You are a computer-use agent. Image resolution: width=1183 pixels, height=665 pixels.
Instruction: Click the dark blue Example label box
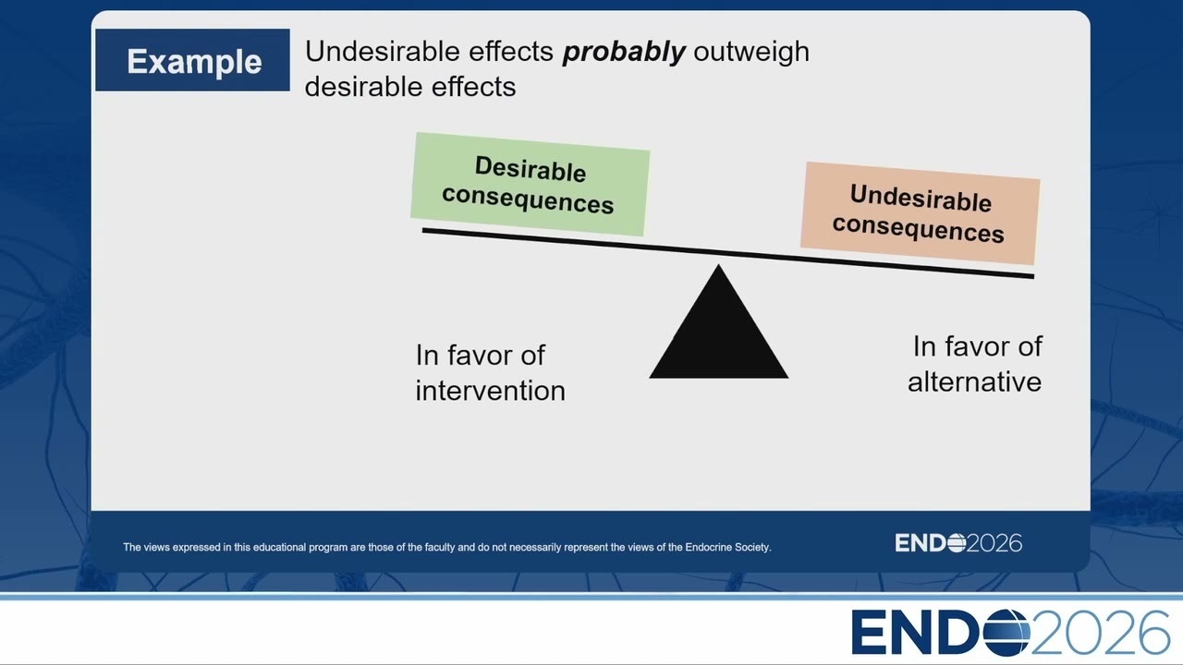click(x=192, y=60)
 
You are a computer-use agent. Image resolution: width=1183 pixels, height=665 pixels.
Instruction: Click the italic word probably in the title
click(x=624, y=53)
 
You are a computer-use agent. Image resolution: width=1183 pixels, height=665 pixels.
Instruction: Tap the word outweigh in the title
click(x=751, y=53)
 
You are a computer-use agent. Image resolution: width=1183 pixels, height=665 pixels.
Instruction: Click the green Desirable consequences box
click(x=531, y=184)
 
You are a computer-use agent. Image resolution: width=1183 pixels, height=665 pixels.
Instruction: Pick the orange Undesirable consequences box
click(x=920, y=213)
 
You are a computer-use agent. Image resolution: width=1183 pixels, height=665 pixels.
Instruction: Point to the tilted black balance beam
click(x=727, y=253)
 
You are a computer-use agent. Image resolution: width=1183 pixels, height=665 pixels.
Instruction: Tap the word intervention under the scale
click(x=490, y=391)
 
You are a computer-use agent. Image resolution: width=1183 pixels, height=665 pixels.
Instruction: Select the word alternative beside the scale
click(x=974, y=381)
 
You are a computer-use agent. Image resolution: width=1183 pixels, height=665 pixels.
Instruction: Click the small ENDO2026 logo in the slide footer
click(x=958, y=543)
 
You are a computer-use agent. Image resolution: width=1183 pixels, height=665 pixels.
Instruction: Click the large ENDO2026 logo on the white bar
click(x=1011, y=633)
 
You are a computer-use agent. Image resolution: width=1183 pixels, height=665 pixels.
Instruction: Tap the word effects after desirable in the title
click(x=473, y=87)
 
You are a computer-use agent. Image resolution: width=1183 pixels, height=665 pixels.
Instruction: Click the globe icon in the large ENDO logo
click(x=1006, y=633)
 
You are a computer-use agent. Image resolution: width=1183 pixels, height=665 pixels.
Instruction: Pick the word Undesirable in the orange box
click(x=921, y=199)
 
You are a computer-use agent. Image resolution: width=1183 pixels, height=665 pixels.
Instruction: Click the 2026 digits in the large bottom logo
click(x=1101, y=633)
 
